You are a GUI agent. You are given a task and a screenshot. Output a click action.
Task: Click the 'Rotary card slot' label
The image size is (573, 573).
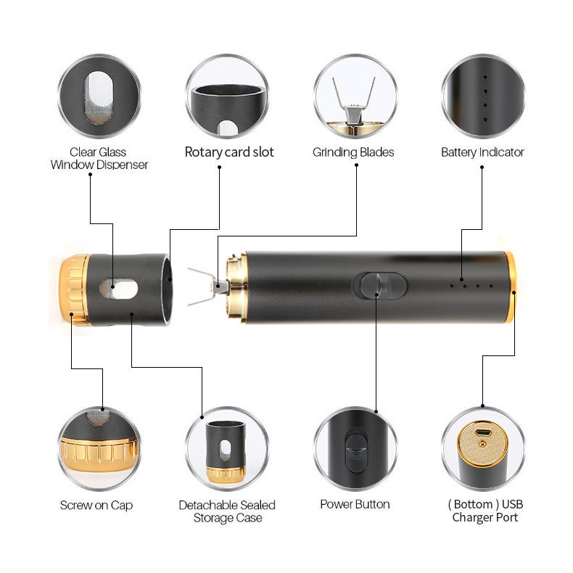[x=229, y=152]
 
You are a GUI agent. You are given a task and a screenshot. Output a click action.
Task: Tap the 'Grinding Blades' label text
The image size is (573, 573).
[x=353, y=152]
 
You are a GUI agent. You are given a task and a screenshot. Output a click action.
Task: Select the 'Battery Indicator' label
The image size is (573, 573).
[x=482, y=152]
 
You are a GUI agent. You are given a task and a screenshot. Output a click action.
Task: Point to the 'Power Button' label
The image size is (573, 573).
[x=355, y=504]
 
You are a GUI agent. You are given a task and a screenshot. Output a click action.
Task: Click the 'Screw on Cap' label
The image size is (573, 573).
[x=96, y=505]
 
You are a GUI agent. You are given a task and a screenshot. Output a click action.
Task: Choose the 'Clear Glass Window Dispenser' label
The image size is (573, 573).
[x=99, y=158]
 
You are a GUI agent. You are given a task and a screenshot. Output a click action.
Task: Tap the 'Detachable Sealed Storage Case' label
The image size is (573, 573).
[x=227, y=511]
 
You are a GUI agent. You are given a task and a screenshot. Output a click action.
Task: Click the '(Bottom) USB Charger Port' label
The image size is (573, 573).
[x=485, y=511]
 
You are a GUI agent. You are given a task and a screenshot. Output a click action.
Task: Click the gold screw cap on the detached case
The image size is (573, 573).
[x=70, y=289]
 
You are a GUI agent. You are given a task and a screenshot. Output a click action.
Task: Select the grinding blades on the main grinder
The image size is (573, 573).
[x=205, y=286]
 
